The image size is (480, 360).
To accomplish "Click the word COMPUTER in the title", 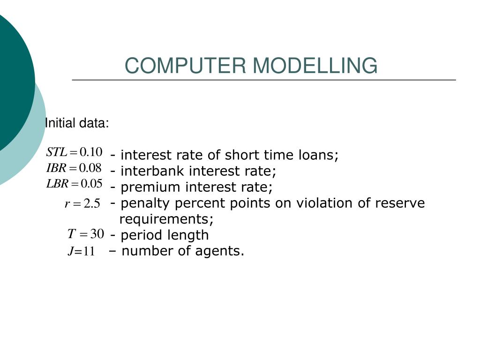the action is pos(185,66).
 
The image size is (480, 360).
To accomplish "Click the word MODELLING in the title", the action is pos(315,66).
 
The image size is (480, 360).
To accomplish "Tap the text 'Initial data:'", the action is pos(77,123).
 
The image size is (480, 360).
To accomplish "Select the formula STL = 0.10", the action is pos(74,152).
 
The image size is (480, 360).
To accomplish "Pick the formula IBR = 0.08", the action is pos(74,168).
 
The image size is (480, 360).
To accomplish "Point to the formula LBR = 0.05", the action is pos(74,184).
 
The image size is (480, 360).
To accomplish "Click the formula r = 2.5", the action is pos(82,203).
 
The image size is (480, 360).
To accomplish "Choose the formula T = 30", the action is pos(86,234).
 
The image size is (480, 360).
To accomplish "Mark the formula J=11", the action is pos(82,251).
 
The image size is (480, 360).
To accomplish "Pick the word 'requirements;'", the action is pos(166,219).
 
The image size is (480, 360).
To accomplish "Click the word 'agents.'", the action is pos(219,251).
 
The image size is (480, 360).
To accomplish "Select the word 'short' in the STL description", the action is pos(242,155).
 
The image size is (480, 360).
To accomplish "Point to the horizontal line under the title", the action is pos(264,80).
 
